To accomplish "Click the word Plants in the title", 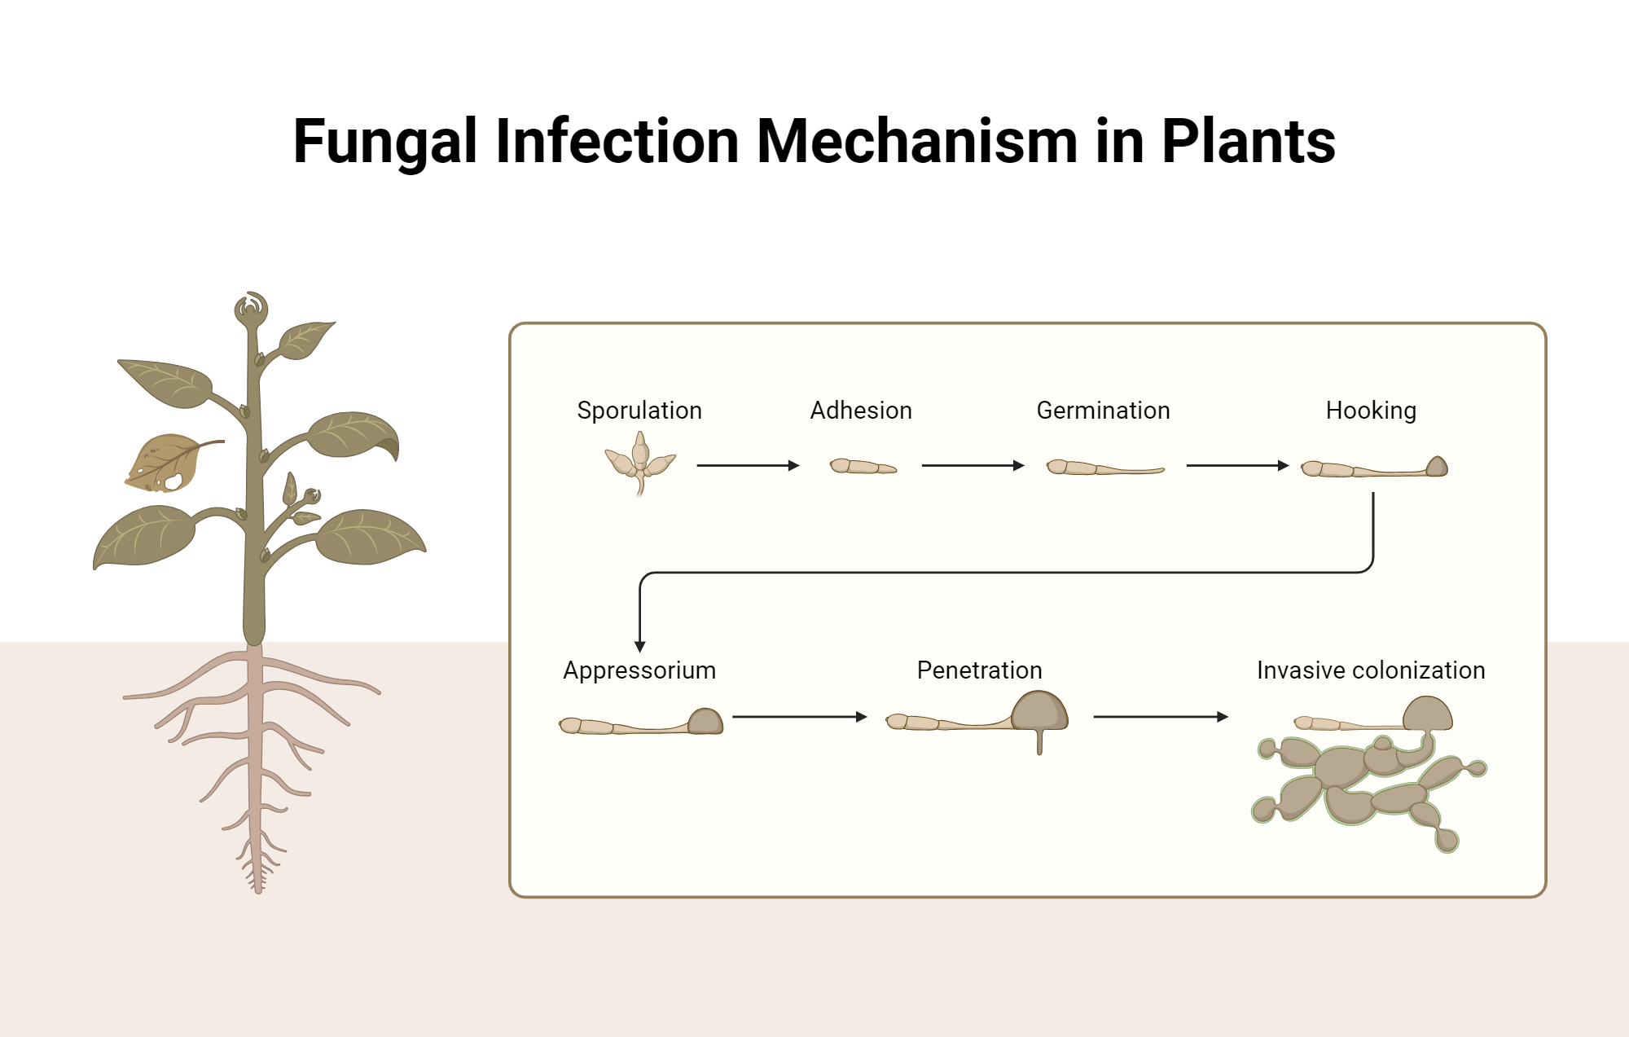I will click(x=1248, y=142).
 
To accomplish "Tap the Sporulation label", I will click(x=639, y=411).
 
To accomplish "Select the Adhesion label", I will click(x=861, y=411).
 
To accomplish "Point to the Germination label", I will click(x=1103, y=411).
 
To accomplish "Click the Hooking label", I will click(x=1371, y=411).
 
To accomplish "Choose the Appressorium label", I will click(x=639, y=670).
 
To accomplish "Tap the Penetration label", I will click(x=979, y=670).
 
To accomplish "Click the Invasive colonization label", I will click(x=1371, y=670).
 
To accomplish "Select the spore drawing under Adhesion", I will click(x=863, y=467).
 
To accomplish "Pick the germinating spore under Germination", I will click(x=1104, y=468).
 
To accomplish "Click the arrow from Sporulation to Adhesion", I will click(x=748, y=466).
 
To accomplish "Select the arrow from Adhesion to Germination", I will click(x=973, y=466).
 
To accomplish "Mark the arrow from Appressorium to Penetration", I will click(x=799, y=717).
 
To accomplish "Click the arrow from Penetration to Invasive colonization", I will click(x=1160, y=717).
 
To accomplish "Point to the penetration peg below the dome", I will click(x=1039, y=742).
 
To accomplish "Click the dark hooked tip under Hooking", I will click(x=1437, y=467).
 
